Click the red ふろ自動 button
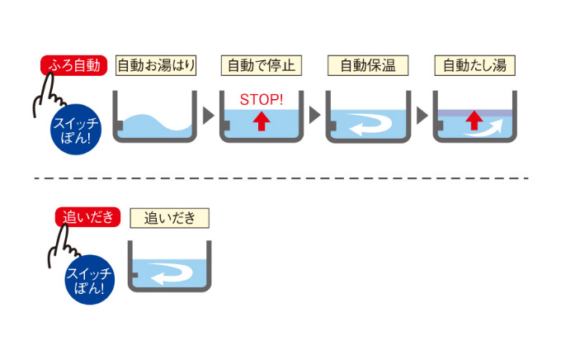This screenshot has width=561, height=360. (74, 65)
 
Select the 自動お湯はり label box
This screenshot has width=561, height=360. (156, 65)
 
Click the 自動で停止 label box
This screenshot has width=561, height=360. (262, 65)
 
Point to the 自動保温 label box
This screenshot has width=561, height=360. (369, 65)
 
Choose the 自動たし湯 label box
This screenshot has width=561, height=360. (474, 65)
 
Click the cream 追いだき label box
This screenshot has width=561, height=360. (170, 217)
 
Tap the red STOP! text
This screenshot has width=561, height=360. (262, 100)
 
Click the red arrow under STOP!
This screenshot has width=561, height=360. (262, 121)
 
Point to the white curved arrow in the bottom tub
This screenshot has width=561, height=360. (170, 273)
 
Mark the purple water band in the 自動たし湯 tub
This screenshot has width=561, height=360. (474, 111)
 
